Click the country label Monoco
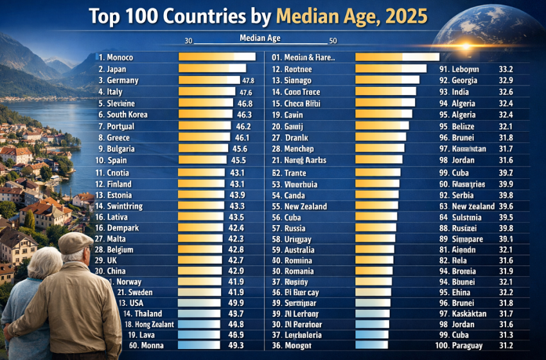coord(119,57)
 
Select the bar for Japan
coord(211,68)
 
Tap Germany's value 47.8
coord(249,80)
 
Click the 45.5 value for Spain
coord(238,160)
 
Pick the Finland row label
coord(119,184)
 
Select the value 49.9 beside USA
coord(236,303)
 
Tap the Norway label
coord(129,282)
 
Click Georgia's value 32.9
coord(506,80)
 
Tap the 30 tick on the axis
coord(189,41)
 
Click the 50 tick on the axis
coord(333,41)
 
